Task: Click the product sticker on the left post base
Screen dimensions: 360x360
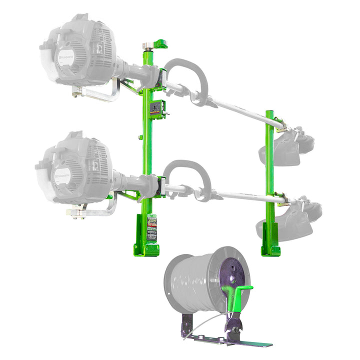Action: coord(151,227)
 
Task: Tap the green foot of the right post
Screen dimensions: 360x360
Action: coord(270,249)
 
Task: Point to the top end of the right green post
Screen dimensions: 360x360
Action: coord(269,111)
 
